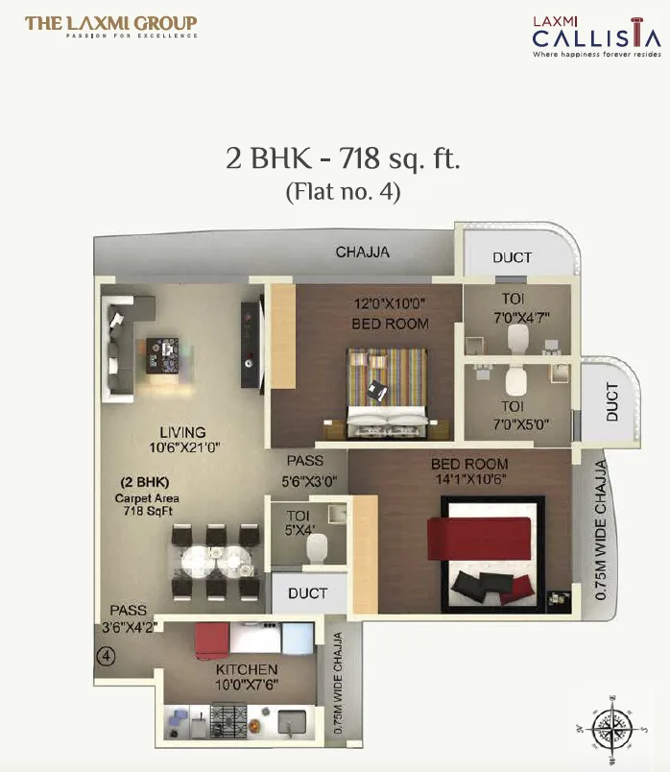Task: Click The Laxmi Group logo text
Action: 110,25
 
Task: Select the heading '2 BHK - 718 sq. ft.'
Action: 343,158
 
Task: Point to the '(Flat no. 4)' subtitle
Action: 343,191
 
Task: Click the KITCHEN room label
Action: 247,669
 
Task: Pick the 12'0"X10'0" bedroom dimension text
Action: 390,304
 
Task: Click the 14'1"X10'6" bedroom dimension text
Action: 469,478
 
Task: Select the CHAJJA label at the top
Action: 362,253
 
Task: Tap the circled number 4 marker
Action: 107,658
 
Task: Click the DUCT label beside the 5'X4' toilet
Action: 307,593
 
